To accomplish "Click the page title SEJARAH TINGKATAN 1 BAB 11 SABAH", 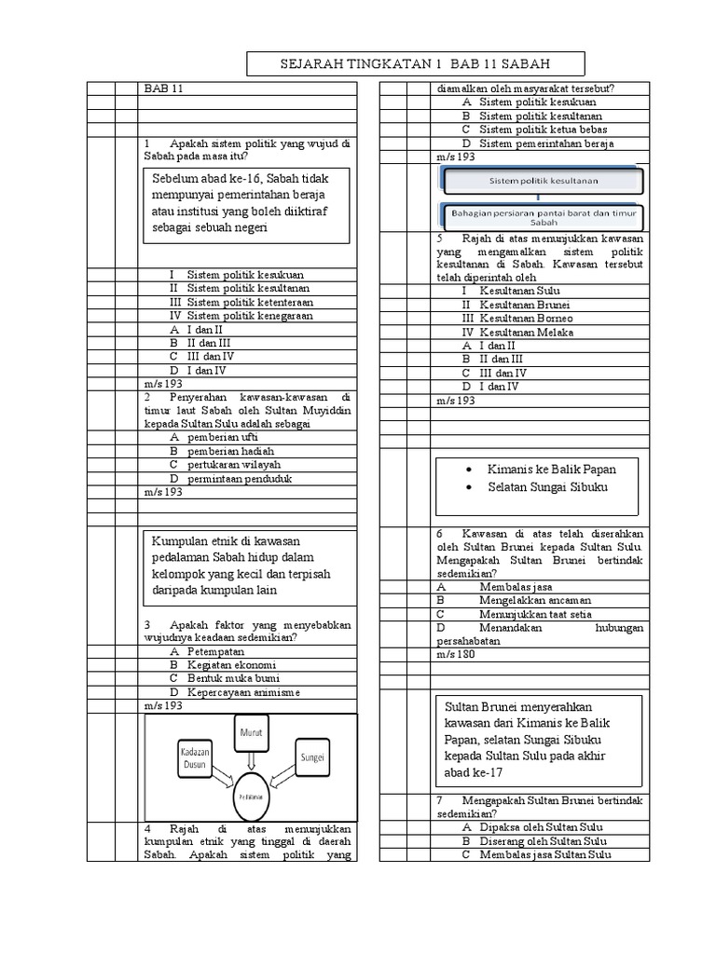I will pyautogui.click(x=415, y=63).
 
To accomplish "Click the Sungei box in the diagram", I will pyautogui.click(x=312, y=756).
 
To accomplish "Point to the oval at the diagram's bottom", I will pyautogui.click(x=249, y=797).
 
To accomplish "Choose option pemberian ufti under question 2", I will pyautogui.click(x=220, y=437).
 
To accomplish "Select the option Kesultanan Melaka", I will pyautogui.click(x=526, y=332).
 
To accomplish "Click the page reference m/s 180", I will pyautogui.click(x=455, y=655).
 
